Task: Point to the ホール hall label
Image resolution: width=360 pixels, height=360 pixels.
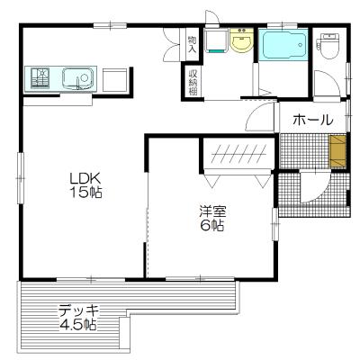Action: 313,120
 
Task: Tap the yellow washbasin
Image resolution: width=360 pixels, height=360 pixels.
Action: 241,42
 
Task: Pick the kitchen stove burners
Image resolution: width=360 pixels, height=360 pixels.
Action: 40,78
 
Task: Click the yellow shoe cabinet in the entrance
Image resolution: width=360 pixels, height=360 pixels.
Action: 337,150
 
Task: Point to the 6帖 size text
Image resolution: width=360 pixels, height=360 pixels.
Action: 212,227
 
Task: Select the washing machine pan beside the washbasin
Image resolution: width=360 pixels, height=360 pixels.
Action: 215,42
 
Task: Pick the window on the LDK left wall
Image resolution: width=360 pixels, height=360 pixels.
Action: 19,171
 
